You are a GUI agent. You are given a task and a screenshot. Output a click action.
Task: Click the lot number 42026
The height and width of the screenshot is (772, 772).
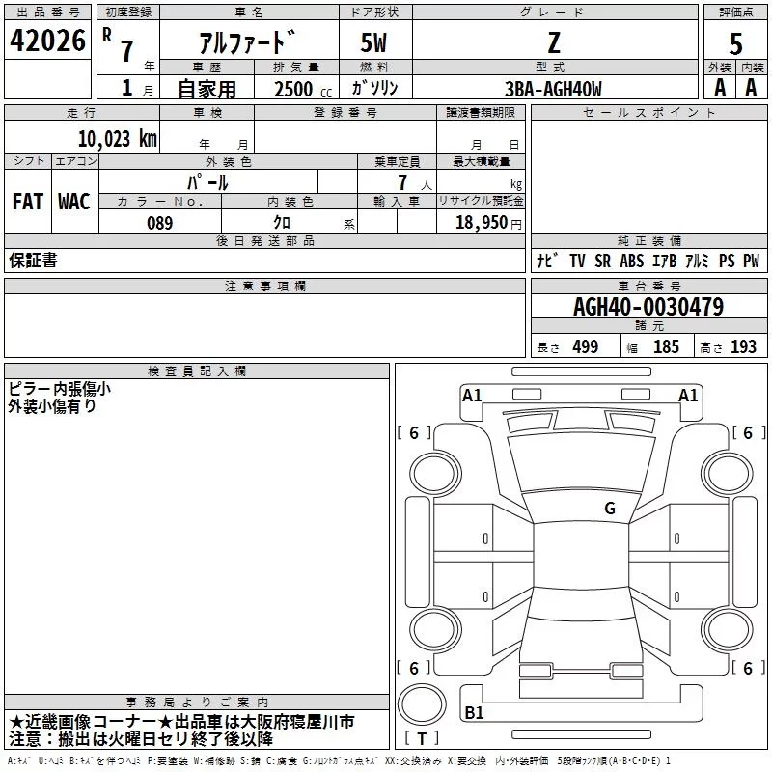coord(47,41)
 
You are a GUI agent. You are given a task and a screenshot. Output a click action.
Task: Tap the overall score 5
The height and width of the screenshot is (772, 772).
coord(736,43)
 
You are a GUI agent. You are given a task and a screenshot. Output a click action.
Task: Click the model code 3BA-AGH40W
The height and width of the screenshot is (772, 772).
coord(553,89)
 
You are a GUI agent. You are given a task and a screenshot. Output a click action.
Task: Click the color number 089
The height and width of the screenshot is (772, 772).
coord(159,223)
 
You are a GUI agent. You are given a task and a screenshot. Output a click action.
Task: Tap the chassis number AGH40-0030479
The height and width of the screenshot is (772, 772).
coord(648,307)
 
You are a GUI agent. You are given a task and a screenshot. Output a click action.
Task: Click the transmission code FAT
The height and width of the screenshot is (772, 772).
coord(27,201)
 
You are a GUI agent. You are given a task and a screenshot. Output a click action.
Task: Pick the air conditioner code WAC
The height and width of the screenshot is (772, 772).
coord(73,201)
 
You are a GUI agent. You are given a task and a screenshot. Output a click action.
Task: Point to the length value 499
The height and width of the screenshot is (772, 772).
coord(585,347)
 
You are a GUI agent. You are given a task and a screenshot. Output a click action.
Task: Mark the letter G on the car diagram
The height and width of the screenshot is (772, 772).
coord(610,509)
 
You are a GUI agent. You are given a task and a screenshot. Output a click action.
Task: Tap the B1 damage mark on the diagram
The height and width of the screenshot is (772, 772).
coord(474,713)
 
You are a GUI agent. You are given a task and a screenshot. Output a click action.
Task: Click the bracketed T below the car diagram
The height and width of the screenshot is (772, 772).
coord(422,739)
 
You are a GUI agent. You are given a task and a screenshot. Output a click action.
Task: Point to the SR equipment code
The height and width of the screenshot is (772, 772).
coord(602,262)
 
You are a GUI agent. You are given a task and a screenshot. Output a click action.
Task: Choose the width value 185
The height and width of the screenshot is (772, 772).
coord(666,347)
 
